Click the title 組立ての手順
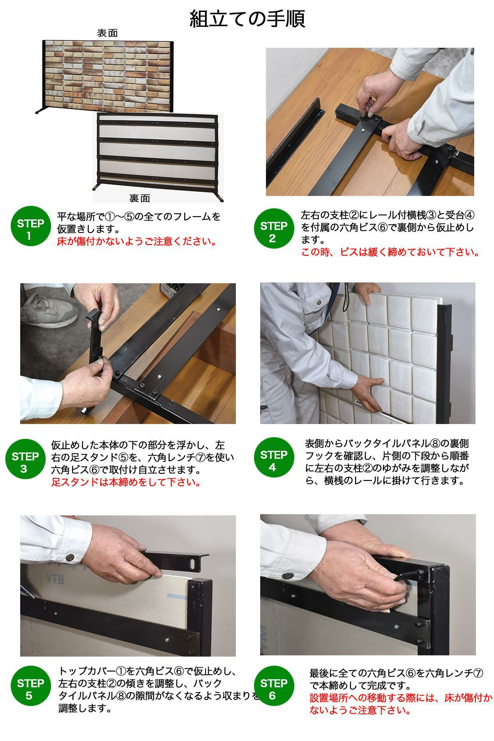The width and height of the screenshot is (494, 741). (247, 19)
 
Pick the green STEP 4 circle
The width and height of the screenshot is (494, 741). (273, 461)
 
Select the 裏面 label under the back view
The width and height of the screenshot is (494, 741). (140, 198)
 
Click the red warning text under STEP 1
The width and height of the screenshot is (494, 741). (137, 241)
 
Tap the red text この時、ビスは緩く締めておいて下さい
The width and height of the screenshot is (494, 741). (390, 252)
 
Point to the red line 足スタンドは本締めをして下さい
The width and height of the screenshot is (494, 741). (126, 482)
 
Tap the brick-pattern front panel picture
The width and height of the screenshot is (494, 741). (108, 77)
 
